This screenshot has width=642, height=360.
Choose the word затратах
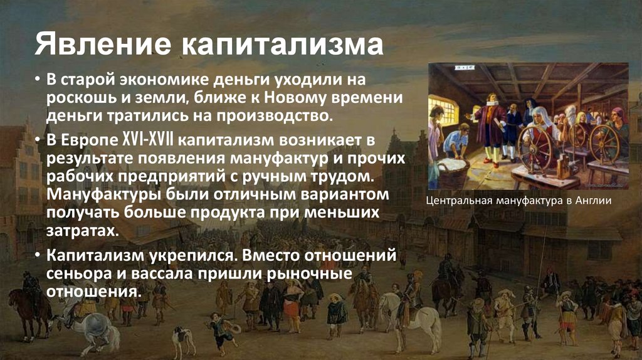click(x=81, y=230)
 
